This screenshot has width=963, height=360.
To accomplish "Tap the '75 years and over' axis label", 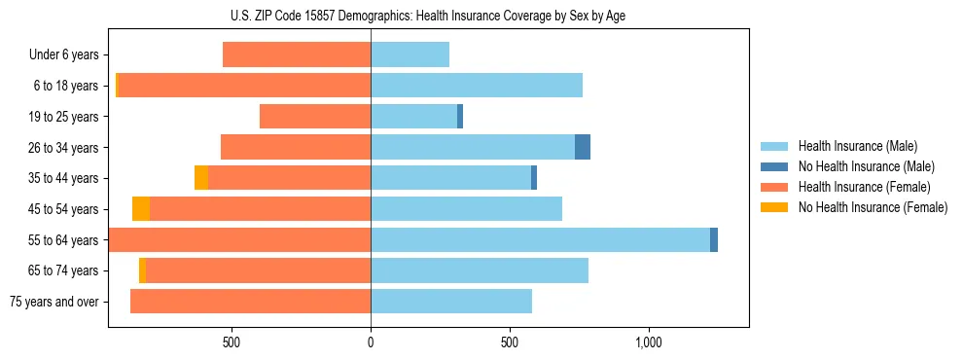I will (x=54, y=302).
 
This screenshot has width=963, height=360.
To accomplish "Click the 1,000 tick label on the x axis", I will (x=648, y=342).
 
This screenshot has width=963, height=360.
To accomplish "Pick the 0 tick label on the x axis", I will (x=371, y=342).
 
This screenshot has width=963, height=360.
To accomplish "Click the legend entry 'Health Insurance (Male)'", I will (x=857, y=146).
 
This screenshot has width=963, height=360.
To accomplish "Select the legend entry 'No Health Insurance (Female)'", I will (x=873, y=207).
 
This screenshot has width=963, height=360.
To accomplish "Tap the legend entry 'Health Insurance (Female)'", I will (x=864, y=187).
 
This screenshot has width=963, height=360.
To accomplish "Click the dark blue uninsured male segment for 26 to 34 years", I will (x=583, y=147).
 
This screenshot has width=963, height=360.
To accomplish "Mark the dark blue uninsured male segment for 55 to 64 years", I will (x=714, y=239).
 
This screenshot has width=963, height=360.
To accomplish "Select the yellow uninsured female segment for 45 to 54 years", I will (x=141, y=208).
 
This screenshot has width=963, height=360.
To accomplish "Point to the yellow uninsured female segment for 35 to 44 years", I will (x=201, y=178).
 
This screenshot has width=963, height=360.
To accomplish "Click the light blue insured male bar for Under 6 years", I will (x=410, y=54).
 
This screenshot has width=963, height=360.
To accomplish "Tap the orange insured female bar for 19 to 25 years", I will (x=315, y=117).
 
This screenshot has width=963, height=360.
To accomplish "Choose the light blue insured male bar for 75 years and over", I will (x=451, y=302).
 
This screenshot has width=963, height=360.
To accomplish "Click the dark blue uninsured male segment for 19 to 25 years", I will (x=460, y=117).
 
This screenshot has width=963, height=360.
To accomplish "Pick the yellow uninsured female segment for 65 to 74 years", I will (x=142, y=270).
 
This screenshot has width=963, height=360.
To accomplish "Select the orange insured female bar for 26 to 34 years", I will (x=296, y=147).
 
